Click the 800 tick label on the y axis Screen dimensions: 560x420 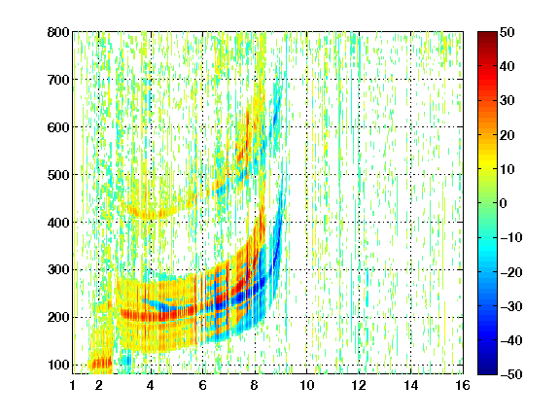click(x=58, y=32)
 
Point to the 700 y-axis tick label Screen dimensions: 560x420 click(x=58, y=80)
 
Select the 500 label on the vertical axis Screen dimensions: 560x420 click(x=58, y=175)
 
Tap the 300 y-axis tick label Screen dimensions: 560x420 click(x=58, y=270)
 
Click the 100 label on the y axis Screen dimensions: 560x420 click(x=58, y=365)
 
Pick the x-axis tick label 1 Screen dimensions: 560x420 click(x=73, y=385)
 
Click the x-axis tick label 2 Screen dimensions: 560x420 click(x=99, y=385)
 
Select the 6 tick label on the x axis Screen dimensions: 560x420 click(x=202, y=385)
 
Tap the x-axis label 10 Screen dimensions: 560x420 click(x=306, y=385)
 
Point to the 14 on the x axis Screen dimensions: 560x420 click(x=410, y=385)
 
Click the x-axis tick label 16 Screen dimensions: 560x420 click(x=463, y=385)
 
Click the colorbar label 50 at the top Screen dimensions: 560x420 click(x=507, y=32)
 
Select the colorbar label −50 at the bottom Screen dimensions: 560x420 click(x=511, y=374)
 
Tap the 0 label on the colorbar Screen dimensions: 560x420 click(x=503, y=203)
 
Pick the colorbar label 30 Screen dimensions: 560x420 click(x=507, y=101)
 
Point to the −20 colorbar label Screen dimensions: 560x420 click(x=511, y=272)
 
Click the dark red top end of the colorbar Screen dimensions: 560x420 click(x=487, y=34)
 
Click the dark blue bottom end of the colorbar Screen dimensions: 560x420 click(x=487, y=371)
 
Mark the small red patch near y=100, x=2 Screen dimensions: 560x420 click(x=101, y=364)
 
